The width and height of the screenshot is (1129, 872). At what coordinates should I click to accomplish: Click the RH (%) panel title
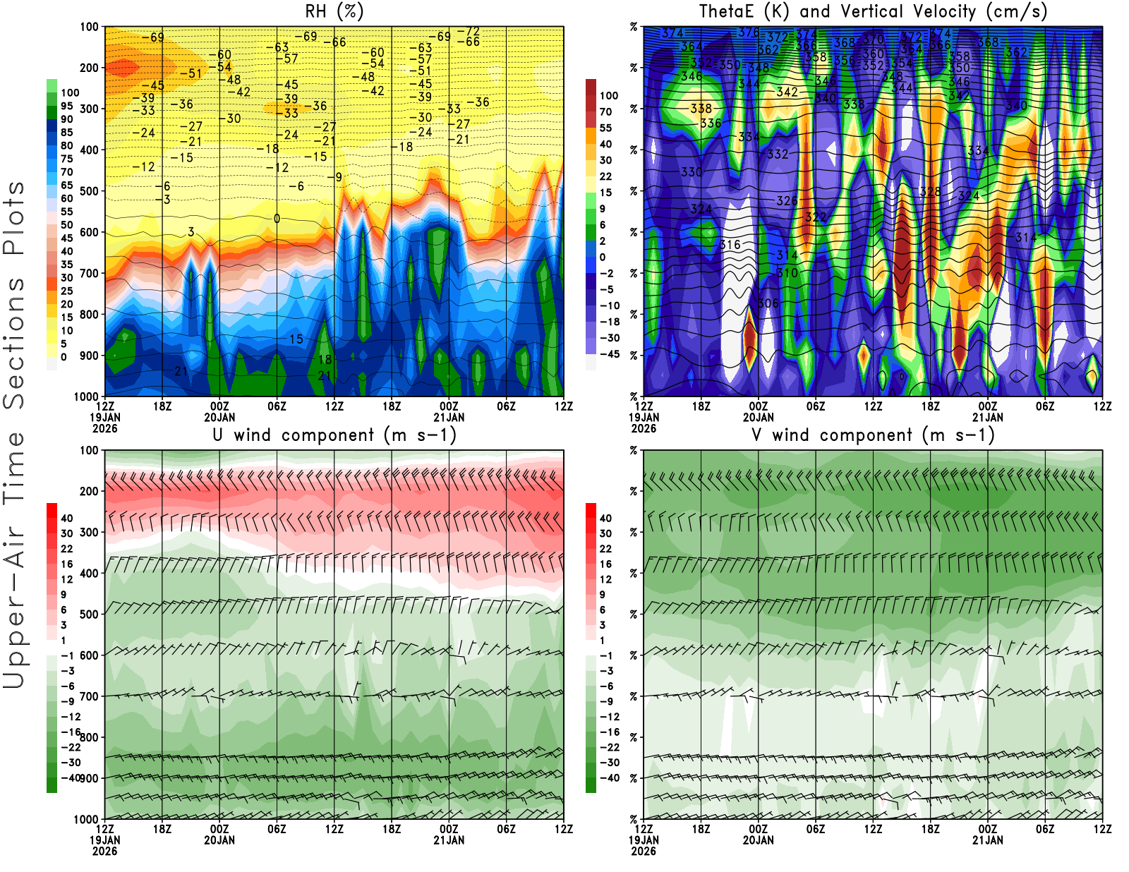point(334,11)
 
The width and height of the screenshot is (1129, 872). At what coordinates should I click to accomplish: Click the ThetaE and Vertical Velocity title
point(873,11)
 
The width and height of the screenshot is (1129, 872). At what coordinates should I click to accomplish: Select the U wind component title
point(334,435)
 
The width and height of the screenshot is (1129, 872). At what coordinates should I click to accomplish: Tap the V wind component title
point(873,435)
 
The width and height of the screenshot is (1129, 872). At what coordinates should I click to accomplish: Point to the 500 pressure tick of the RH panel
point(89,191)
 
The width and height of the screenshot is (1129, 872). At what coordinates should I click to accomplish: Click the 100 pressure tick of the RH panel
point(89,27)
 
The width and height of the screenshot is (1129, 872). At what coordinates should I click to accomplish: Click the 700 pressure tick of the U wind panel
point(89,696)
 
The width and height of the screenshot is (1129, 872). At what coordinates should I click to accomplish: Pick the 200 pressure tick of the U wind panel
point(89,491)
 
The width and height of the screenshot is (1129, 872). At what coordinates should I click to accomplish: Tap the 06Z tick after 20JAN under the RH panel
point(277,406)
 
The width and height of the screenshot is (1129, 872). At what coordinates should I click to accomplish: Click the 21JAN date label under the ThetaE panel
point(987,417)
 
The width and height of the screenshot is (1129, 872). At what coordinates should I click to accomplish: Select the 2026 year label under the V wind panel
point(644,852)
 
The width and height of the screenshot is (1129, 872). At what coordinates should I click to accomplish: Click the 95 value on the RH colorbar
point(66,106)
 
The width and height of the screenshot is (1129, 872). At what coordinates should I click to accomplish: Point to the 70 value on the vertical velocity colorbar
point(605,111)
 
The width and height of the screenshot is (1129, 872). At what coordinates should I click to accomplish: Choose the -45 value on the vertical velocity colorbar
point(609,354)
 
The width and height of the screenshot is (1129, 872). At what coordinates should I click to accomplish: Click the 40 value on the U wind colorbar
point(66,518)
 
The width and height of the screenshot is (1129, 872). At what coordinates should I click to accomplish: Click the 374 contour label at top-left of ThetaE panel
point(672,33)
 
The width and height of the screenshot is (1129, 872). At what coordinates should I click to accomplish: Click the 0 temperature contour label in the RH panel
point(277,219)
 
